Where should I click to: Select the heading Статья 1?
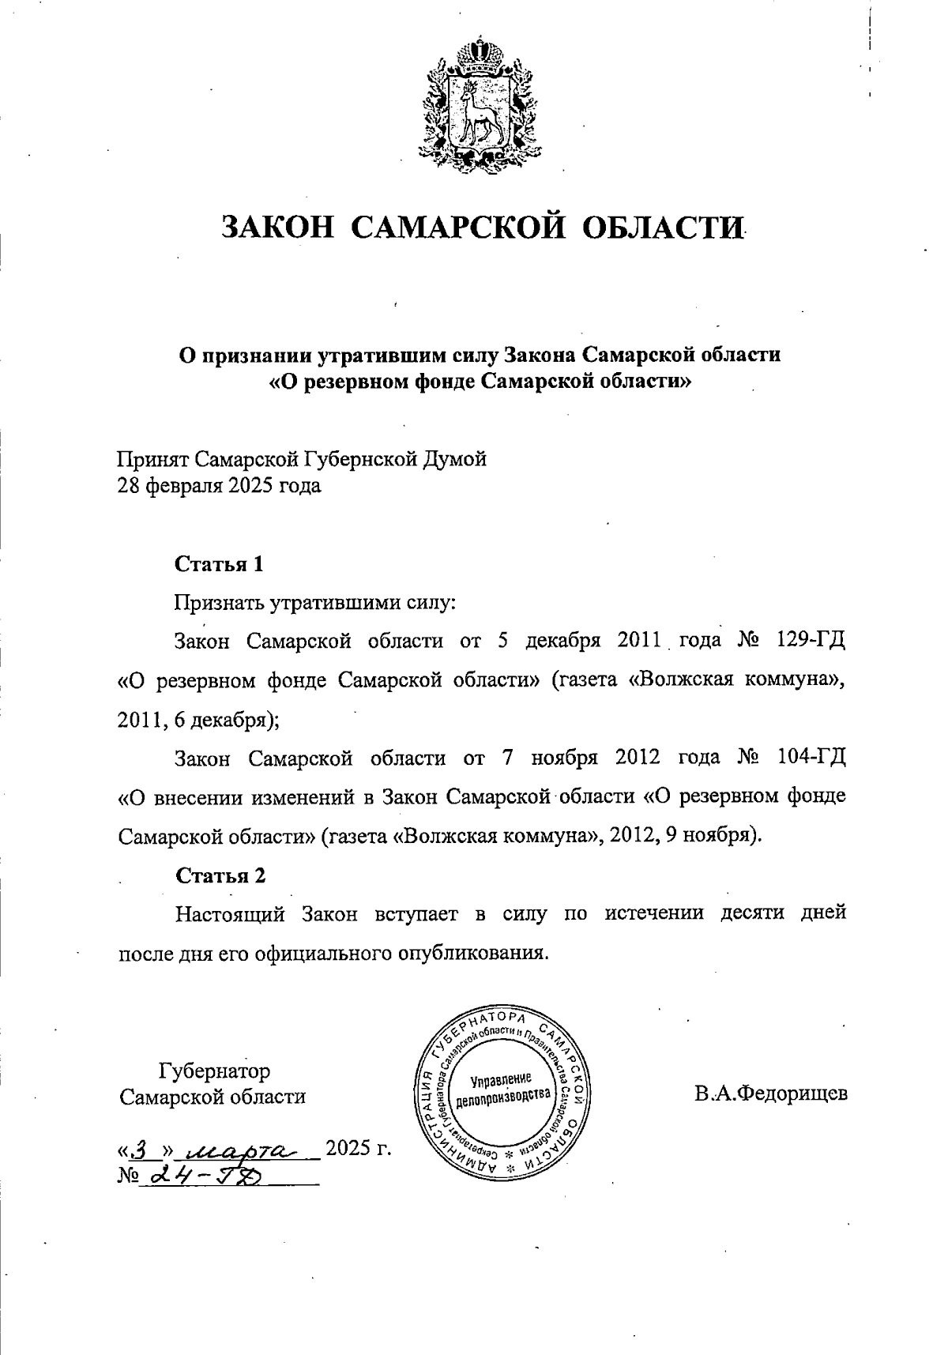[219, 564]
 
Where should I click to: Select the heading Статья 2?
[220, 875]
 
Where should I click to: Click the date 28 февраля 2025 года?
[219, 485]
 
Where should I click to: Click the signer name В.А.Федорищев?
[771, 1095]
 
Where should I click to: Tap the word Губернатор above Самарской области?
[214, 1071]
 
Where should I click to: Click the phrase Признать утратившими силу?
[314, 603]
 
